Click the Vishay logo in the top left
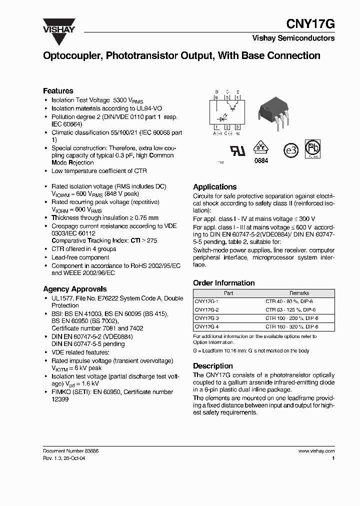[x=58, y=25]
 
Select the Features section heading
[x=58, y=91]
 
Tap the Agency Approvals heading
[x=74, y=289]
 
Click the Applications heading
[x=215, y=186]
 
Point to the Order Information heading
[x=224, y=283]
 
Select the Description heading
[x=213, y=366]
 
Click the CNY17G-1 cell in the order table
[x=206, y=301]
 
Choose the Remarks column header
[x=299, y=293]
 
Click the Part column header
[x=228, y=293]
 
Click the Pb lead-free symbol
[x=313, y=148]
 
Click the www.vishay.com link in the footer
[x=316, y=451]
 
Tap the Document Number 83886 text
[x=70, y=451]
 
